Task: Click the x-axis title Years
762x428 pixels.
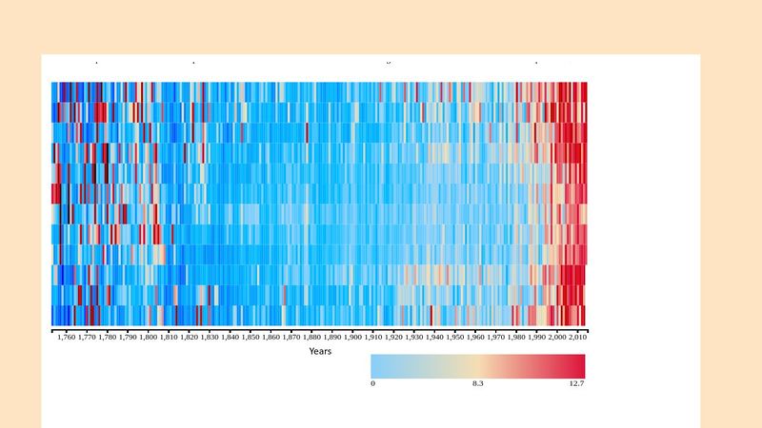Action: pos(319,352)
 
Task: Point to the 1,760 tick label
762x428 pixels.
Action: pos(66,337)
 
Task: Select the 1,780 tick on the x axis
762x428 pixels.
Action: pos(107,337)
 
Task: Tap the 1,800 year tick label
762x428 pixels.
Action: pos(148,337)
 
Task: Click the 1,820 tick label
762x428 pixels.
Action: pos(189,337)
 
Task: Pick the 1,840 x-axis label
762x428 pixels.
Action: pos(230,337)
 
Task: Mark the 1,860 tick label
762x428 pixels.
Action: pos(271,337)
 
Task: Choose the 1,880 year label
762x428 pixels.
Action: pos(311,337)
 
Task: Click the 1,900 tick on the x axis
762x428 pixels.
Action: pos(352,337)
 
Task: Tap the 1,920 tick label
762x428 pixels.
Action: pos(393,337)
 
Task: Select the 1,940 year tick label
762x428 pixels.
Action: pos(434,337)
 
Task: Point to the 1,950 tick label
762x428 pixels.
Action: pos(454,337)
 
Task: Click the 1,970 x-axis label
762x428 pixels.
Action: pos(495,337)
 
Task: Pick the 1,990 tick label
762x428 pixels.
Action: pos(536,337)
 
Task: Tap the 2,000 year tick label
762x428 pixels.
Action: pos(557,337)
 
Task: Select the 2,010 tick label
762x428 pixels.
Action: pos(577,337)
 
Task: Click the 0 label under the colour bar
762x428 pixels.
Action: pos(372,384)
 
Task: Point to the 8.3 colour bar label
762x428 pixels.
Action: pos(478,384)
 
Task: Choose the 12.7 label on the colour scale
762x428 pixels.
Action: pos(576,384)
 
